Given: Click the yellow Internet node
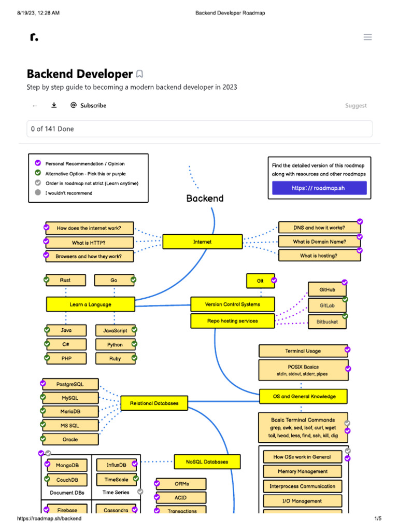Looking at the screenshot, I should tap(203, 242).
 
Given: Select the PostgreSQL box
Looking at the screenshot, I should tap(70, 384).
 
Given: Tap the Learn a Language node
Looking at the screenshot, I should tap(90, 304).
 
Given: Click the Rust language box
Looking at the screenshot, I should tap(65, 280).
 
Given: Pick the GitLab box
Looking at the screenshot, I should tap(327, 305).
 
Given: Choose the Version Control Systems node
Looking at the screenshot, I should tap(233, 304).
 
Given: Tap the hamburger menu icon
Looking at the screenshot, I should tap(368, 37).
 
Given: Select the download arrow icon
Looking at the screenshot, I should tap(54, 105).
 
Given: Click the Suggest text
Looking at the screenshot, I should tap(356, 106).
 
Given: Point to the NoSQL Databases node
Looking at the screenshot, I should tap(207, 462).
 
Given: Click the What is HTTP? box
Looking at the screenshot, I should tap(89, 242).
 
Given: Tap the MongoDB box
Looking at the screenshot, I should tap(67, 465).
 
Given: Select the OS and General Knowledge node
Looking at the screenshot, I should tap(304, 397).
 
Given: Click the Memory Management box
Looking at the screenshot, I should tap(303, 471).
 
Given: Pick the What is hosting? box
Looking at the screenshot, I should tap(319, 255).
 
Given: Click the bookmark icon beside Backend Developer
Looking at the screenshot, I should tap(139, 74).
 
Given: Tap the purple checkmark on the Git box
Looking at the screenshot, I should tap(274, 281).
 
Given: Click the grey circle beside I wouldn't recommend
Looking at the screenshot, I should tap(38, 193).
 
